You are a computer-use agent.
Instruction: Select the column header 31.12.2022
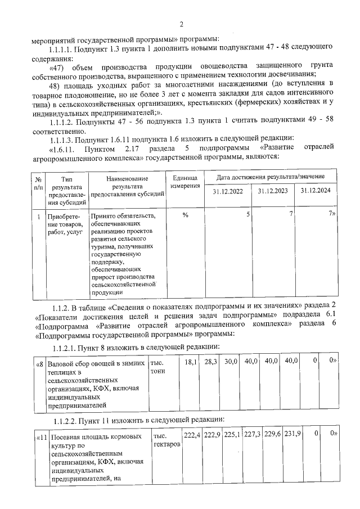(x=228, y=191)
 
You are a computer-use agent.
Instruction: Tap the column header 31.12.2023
(x=273, y=191)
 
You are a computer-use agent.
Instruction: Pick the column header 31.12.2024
(x=316, y=191)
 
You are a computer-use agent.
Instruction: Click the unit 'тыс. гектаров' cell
(x=166, y=440)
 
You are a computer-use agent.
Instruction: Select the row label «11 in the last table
(x=41, y=436)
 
